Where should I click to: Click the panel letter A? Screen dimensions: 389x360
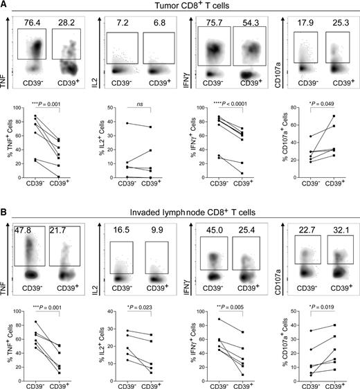tap(5, 6)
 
